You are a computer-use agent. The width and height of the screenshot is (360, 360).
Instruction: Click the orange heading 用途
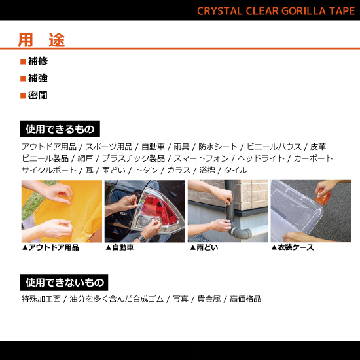[41, 40]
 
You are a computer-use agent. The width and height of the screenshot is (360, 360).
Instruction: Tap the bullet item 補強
[37, 78]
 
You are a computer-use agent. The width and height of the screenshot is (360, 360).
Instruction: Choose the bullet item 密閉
[37, 95]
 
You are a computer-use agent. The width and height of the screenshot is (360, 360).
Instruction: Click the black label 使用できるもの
[60, 129]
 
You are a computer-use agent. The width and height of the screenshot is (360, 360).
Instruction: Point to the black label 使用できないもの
[64, 283]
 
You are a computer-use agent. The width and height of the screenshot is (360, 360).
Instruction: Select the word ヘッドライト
[261, 158]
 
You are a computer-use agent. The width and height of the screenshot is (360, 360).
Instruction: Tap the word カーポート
[313, 158]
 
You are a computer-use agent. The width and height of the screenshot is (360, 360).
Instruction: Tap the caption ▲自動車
[120, 248]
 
